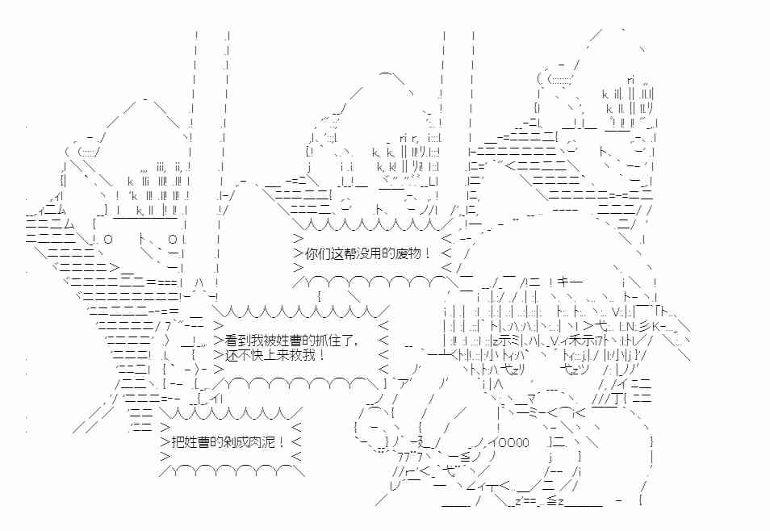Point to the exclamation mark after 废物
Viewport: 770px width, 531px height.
pos(428,254)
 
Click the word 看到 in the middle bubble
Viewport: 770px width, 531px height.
pos(237,341)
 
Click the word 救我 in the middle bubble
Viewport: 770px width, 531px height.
pos(302,354)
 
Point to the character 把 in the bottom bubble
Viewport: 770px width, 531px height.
pos(178,441)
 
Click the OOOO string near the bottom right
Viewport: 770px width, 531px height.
pos(513,442)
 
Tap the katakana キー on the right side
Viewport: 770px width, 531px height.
pos(570,282)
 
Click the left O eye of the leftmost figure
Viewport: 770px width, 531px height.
pos(108,240)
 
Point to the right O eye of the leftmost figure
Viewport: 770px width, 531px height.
pos(173,240)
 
